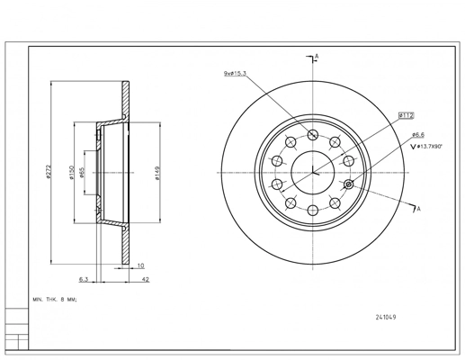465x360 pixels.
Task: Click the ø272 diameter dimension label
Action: pyautogui.click(x=49, y=172)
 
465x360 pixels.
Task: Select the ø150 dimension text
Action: pyautogui.click(x=72, y=173)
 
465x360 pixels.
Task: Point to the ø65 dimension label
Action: pyautogui.click(x=83, y=173)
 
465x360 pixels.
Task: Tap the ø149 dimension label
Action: pyautogui.click(x=158, y=173)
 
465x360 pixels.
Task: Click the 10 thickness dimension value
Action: pyautogui.click(x=140, y=265)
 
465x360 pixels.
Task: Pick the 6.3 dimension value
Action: pyautogui.click(x=84, y=279)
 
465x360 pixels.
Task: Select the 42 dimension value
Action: pyautogui.click(x=146, y=279)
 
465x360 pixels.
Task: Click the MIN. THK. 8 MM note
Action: pyautogui.click(x=55, y=300)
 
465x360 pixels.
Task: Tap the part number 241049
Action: pyautogui.click(x=386, y=317)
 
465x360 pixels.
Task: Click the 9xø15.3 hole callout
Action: pyautogui.click(x=235, y=73)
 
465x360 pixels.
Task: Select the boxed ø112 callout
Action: pyautogui.click(x=407, y=115)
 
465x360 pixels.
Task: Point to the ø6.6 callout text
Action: pyautogui.click(x=418, y=135)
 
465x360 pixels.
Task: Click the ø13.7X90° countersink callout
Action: pyautogui.click(x=426, y=147)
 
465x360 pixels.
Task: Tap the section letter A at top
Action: pyautogui.click(x=317, y=56)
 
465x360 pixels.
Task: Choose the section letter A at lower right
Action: pyautogui.click(x=419, y=209)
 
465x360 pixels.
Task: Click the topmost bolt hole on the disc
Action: pyautogui.click(x=313, y=135)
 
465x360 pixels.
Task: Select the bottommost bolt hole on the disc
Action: pyautogui.click(x=313, y=210)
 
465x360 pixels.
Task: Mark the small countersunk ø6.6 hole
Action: pyautogui.click(x=348, y=184)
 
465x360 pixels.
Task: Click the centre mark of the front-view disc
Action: pyautogui.click(x=313, y=173)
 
